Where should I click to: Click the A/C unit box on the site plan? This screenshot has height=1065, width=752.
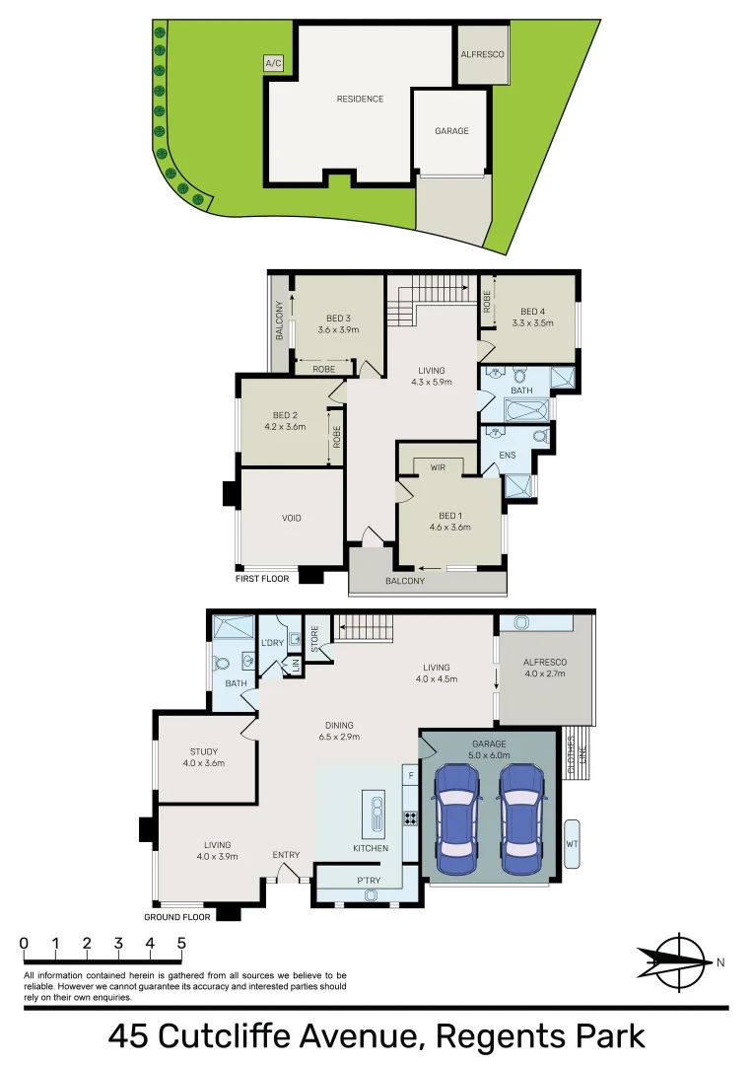(x=274, y=64)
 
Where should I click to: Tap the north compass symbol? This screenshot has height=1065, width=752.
(x=676, y=961)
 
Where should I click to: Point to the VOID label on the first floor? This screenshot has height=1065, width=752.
(x=292, y=518)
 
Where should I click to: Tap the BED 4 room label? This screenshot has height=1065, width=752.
(x=533, y=311)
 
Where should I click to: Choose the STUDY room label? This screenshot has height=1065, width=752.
(x=204, y=752)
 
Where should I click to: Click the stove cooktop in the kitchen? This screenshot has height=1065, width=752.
(x=410, y=817)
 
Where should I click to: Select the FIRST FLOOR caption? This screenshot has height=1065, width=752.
(x=262, y=579)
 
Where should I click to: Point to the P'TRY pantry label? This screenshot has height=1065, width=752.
(x=371, y=881)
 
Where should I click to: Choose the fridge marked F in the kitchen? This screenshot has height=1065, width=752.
(x=410, y=776)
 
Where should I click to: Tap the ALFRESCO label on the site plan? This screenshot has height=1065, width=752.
(x=483, y=54)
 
